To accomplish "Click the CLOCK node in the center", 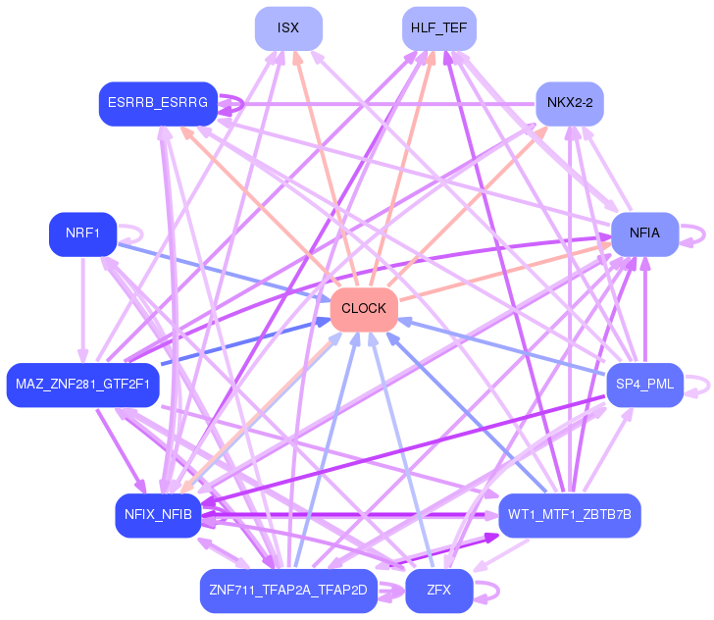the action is [x=364, y=309].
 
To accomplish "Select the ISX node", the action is [x=288, y=28].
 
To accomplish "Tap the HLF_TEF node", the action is [x=439, y=28].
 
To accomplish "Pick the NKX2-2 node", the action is [x=570, y=103].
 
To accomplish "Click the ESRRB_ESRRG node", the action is [x=158, y=103].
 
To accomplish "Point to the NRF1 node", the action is [x=82, y=233].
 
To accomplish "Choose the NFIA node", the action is [x=644, y=233].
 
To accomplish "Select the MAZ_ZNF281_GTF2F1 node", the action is [x=82, y=385].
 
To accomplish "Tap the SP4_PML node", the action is [x=644, y=385].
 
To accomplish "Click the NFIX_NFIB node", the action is [x=158, y=515].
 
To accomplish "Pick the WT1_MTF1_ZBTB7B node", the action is [x=570, y=515].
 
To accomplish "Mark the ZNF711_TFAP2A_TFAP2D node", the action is [x=288, y=591].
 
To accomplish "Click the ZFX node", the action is [x=439, y=591].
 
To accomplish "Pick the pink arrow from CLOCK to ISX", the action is [x=326, y=169].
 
